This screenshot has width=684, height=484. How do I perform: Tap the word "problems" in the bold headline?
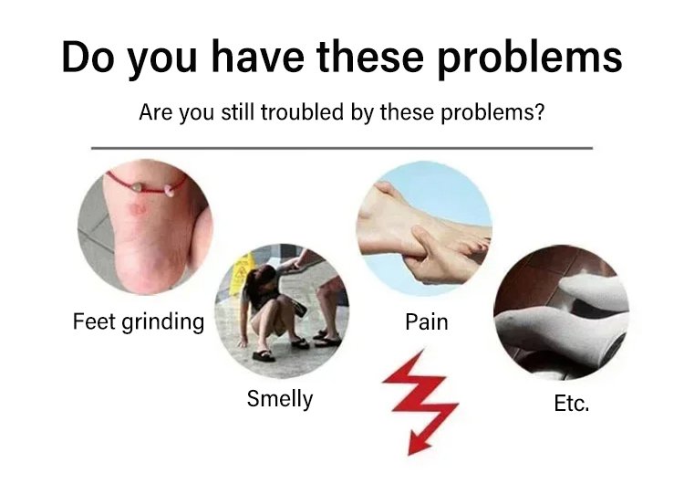tap(529, 60)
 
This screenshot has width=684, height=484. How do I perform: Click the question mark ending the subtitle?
tap(540, 111)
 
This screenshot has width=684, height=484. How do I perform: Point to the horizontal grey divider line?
tap(342, 148)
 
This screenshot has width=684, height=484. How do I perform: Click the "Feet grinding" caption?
tap(139, 322)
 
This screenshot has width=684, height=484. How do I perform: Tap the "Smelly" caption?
tap(280, 399)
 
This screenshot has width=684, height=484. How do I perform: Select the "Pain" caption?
tap(426, 322)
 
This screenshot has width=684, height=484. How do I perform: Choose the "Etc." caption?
tap(572, 404)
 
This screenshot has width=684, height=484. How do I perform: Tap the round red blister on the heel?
tap(137, 209)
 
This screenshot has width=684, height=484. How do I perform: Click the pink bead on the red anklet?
tap(169, 189)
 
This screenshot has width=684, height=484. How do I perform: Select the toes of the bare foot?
tap(474, 246)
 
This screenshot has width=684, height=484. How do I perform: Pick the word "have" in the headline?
tap(258, 57)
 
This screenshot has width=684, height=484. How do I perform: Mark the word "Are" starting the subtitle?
tap(154, 111)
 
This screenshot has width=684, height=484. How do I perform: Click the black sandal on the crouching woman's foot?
tap(264, 355)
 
